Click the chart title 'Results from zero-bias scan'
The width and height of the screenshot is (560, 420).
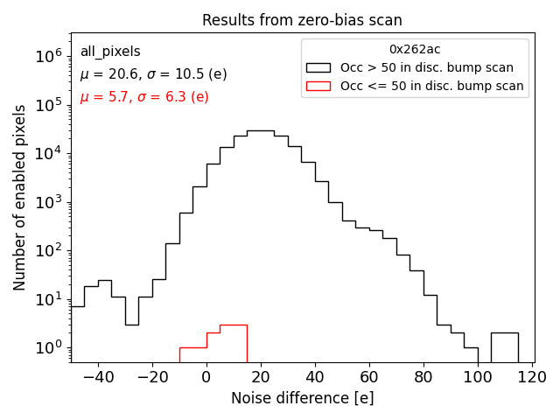302,20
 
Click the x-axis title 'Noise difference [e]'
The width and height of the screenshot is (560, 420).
302,398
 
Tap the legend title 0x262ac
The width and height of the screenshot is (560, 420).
415,49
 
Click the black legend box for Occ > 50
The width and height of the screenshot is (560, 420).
319,67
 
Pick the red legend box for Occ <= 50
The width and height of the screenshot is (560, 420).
319,86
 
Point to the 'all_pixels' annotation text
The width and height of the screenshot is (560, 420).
110,52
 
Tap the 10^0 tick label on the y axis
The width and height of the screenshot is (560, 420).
47,348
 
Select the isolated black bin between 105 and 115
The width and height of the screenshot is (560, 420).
504,346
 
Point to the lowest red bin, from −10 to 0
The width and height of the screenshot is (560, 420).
192,354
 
